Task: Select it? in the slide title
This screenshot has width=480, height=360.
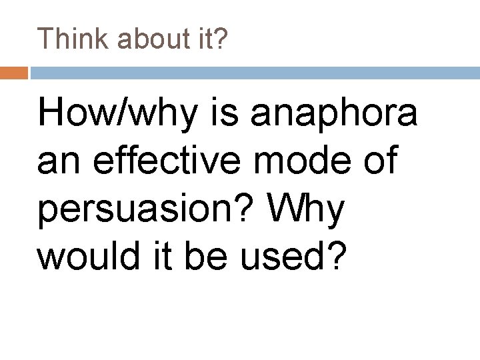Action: click(x=211, y=39)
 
